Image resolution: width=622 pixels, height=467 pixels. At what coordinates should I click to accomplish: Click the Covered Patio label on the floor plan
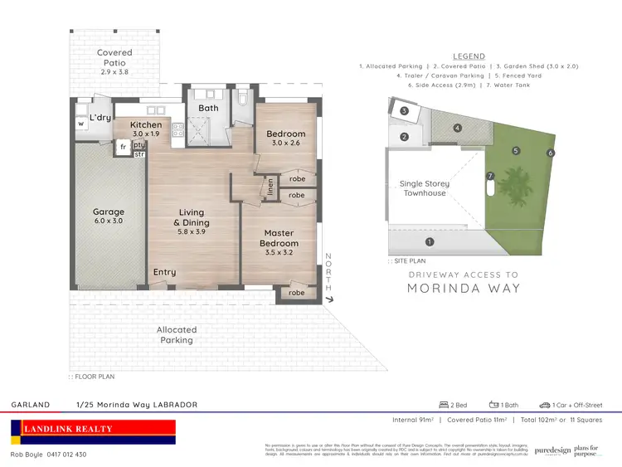pos(114,57)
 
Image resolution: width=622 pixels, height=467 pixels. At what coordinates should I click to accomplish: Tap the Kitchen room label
pos(147,129)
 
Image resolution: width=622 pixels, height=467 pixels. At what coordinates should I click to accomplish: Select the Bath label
pos(208,108)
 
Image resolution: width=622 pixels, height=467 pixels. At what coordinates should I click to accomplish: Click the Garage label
pos(109,216)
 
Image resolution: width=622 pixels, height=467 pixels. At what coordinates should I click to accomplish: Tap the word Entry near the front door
pos(165,272)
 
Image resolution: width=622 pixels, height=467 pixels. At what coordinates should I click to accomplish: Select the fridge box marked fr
pos(123,146)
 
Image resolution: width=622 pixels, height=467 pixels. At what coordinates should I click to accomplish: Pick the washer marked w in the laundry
pos(81,124)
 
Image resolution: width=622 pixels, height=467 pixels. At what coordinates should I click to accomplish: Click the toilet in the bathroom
pos(242,100)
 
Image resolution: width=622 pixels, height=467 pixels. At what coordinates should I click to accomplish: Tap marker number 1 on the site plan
pos(429,242)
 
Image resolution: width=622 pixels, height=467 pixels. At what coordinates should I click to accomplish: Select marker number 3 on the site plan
pos(404,110)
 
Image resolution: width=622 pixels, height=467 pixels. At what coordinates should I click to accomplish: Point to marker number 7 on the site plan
pos(490,176)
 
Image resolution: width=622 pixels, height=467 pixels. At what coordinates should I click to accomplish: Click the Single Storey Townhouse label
pos(424,188)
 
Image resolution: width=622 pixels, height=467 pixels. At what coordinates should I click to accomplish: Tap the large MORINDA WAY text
pos(463,289)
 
